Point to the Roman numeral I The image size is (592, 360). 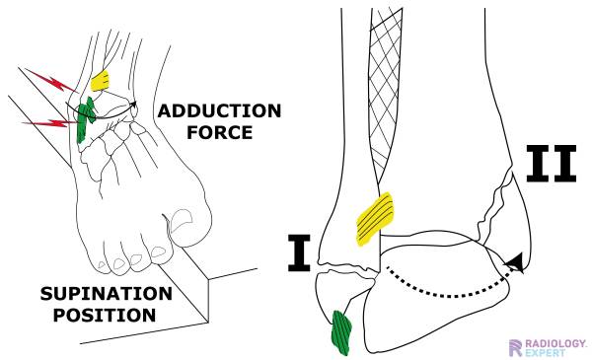(x=299, y=252)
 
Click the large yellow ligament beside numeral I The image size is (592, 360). (x=374, y=213)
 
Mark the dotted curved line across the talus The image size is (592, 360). (x=444, y=283)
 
